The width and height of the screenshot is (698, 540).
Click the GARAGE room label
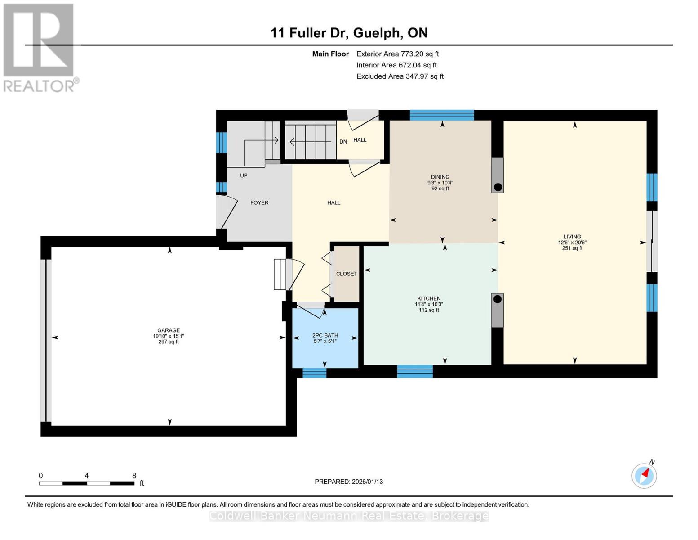point(168,330)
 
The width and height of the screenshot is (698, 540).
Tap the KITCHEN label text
point(429,298)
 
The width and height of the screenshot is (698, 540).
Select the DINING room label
point(440,177)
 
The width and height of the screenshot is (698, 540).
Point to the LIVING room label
point(572,236)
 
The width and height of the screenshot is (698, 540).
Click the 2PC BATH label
point(325,335)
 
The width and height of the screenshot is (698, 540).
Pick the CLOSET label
point(347,274)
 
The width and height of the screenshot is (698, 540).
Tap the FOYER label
point(259,202)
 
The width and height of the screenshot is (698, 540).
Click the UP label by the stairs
point(244,175)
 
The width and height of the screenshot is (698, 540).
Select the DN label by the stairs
point(343,141)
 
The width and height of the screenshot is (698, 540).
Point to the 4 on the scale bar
point(87,475)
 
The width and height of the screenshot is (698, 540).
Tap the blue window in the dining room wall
point(442,115)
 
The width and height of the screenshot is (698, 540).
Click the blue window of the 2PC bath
point(315,373)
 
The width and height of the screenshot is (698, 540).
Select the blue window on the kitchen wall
point(415,371)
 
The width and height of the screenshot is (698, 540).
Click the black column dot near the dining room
point(498,187)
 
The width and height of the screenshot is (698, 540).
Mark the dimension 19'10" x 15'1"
point(168,336)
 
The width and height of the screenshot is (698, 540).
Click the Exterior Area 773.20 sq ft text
point(397,54)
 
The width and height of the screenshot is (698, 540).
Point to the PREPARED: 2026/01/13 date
point(348,481)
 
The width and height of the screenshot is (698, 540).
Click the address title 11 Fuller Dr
point(309,33)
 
